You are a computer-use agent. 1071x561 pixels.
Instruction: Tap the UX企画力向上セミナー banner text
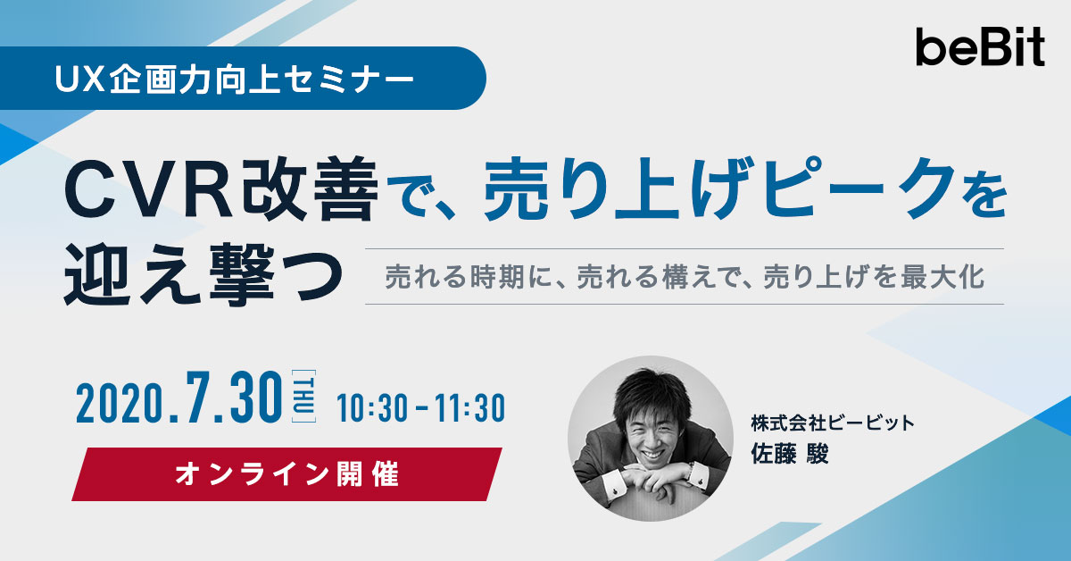coord(234,78)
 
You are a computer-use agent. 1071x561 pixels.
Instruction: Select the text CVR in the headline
coord(149,189)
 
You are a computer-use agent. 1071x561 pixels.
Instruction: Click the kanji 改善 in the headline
coord(310,189)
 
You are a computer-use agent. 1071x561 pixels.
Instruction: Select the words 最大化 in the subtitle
coord(942,277)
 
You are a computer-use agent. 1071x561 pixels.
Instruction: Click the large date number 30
coord(255,397)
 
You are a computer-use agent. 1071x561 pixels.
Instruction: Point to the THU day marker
coord(303,397)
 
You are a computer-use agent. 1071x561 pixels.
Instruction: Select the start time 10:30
coord(372,408)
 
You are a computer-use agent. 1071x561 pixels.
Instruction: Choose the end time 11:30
coord(470,408)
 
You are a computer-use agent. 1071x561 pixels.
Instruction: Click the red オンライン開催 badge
coord(286,474)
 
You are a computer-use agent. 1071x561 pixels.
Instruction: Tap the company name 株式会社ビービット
coord(832,423)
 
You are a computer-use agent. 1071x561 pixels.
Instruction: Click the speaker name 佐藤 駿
coord(789,453)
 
